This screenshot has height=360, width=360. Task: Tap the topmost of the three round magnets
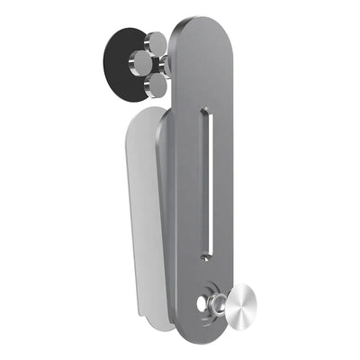[x=157, y=42]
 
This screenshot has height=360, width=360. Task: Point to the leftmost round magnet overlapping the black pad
[x=141, y=62]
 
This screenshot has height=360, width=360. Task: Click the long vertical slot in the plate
[x=205, y=180]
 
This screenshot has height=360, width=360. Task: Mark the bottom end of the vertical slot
[x=206, y=255]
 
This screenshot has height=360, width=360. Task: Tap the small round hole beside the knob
[x=202, y=303]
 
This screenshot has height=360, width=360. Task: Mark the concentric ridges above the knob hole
[x=213, y=289]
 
